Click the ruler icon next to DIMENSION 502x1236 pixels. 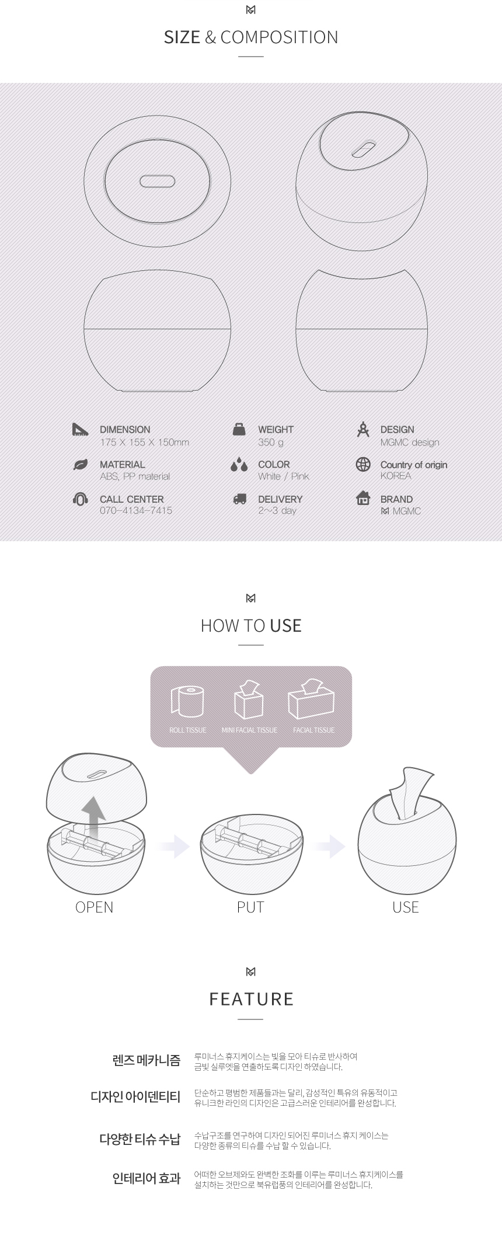[80, 430]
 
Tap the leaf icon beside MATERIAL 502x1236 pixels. [80, 465]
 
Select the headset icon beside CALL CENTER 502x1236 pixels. [80, 499]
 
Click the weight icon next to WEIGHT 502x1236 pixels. [239, 429]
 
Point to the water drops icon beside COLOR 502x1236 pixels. [239, 465]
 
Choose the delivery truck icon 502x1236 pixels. [239, 499]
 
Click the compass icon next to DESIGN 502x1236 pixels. [363, 429]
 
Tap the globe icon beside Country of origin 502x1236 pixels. [363, 464]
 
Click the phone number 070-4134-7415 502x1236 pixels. [136, 510]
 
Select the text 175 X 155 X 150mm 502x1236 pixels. [144, 442]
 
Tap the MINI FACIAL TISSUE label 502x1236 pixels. [249, 730]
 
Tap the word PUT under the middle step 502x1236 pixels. [250, 907]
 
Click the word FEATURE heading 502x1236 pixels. [251, 999]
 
